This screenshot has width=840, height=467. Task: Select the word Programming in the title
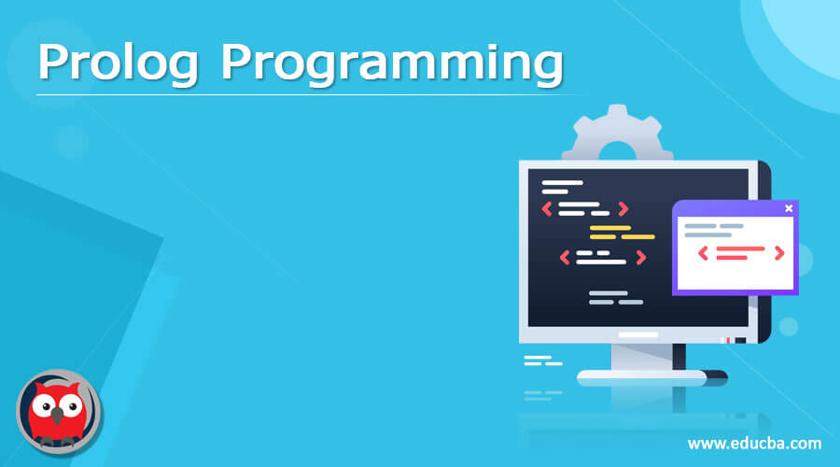tap(392, 65)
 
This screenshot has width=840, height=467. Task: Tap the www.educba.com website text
tap(754, 442)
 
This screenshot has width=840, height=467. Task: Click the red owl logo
tap(59, 412)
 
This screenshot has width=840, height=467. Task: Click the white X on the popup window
tap(789, 208)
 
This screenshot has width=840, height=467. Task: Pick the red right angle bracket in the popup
tap(779, 253)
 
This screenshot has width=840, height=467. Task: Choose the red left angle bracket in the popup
tap(703, 253)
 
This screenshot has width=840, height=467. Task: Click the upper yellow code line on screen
tap(611, 227)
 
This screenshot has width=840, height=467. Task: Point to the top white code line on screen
tap(562, 183)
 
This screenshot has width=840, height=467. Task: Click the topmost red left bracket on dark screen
tap(548, 208)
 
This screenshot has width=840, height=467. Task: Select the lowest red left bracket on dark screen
tap(565, 257)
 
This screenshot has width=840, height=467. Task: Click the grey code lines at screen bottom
tap(616, 297)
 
